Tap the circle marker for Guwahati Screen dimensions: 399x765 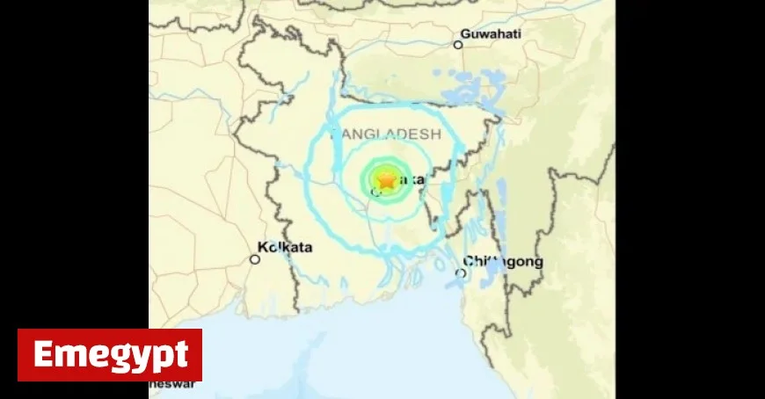(458, 44)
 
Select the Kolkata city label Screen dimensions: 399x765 (286, 248)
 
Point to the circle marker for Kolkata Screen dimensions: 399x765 (255, 259)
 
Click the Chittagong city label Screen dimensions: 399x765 (503, 261)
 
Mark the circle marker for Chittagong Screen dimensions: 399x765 (461, 273)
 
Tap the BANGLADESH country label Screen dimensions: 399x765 (385, 134)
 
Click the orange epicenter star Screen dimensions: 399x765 (386, 180)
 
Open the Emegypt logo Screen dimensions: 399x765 (110, 355)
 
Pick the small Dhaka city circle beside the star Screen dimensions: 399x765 (383, 191)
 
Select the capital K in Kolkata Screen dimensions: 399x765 (263, 248)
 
